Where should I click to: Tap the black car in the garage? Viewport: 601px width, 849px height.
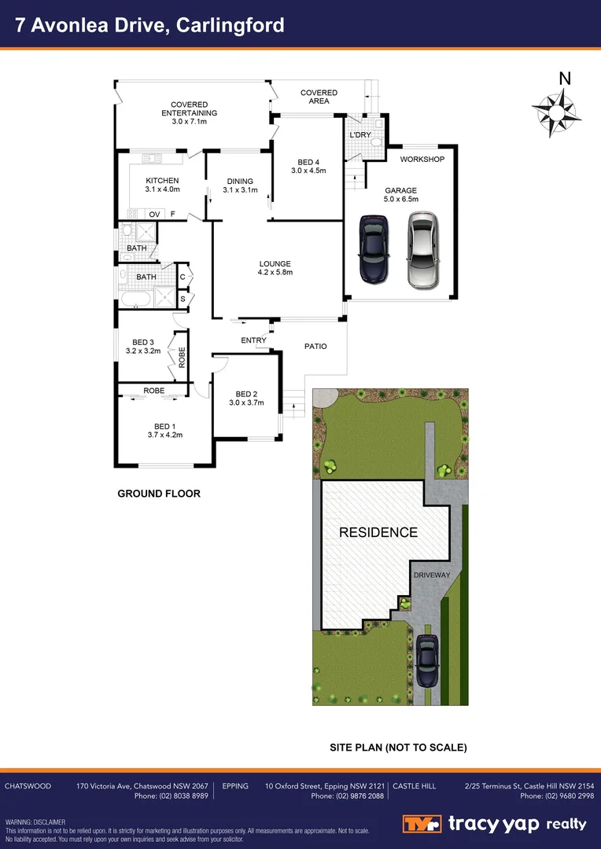[x=373, y=248]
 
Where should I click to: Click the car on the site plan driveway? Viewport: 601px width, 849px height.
[x=427, y=660]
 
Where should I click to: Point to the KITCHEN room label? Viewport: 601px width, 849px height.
[x=163, y=181]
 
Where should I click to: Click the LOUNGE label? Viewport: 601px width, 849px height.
[x=275, y=264]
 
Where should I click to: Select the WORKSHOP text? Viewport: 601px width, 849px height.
[x=422, y=160]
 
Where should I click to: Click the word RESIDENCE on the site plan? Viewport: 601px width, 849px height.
[x=378, y=532]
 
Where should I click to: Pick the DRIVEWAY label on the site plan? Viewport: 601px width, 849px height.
[x=432, y=575]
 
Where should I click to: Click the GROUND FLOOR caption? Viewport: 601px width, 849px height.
[x=159, y=494]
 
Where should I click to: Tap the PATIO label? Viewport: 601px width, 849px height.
[x=315, y=347]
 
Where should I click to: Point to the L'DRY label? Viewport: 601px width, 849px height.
[x=360, y=136]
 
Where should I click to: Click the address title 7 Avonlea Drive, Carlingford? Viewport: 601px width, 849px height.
[x=150, y=25]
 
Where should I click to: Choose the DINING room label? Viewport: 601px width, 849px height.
[x=239, y=181]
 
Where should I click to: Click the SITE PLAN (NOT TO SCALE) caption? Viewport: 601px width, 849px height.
[x=398, y=747]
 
